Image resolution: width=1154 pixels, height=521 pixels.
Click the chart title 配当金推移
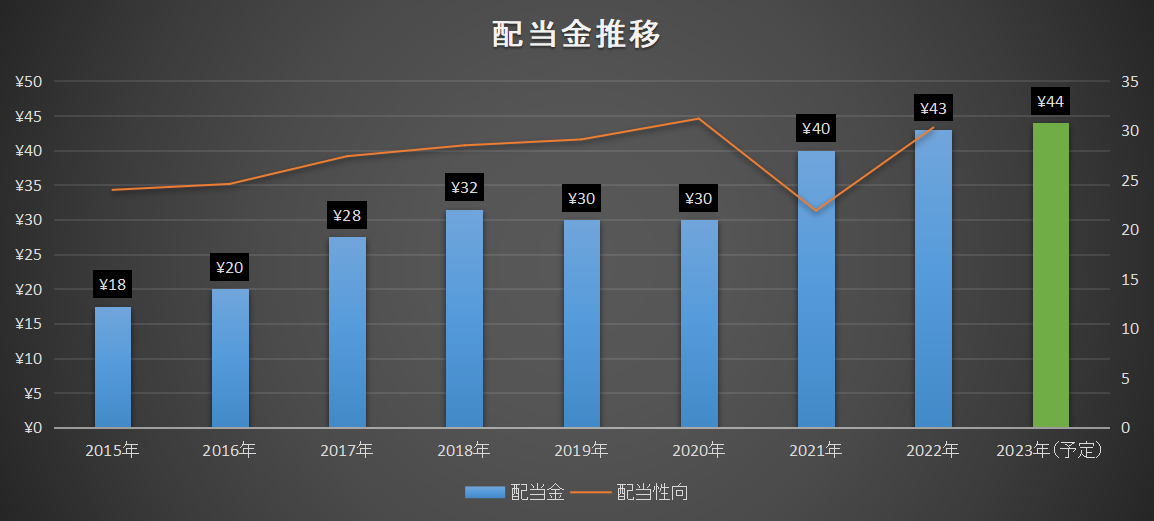[x=576, y=35]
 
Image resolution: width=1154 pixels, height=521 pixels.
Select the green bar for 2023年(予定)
[x=1050, y=275]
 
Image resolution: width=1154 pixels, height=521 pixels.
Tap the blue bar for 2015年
[x=113, y=367]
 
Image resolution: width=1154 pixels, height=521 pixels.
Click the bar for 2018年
[x=464, y=319]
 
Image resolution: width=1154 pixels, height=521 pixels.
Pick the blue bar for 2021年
[x=816, y=289]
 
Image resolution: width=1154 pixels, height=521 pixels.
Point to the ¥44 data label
[x=1050, y=102]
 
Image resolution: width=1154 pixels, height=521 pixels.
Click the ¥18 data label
[x=113, y=285]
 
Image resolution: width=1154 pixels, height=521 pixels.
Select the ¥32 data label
[x=464, y=188]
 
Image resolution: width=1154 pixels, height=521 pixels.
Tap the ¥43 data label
[x=933, y=109]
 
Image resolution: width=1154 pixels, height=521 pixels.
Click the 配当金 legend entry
[x=514, y=492]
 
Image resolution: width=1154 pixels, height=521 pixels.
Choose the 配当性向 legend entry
[x=629, y=492]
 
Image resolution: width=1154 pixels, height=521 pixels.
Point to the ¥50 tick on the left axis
[x=29, y=82]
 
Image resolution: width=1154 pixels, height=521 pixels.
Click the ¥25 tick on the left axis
[x=29, y=255]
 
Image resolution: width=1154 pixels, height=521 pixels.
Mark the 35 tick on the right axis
[x=1130, y=81]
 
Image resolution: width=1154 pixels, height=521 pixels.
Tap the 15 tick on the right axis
[x=1130, y=280]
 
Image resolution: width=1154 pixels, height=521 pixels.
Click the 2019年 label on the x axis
[x=581, y=450]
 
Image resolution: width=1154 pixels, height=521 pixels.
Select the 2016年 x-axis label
[x=230, y=450]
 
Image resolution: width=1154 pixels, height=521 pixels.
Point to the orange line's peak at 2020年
[x=698, y=118]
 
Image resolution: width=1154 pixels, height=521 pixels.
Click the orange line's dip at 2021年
[x=816, y=210]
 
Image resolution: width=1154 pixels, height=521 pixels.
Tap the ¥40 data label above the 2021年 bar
[x=816, y=130]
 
